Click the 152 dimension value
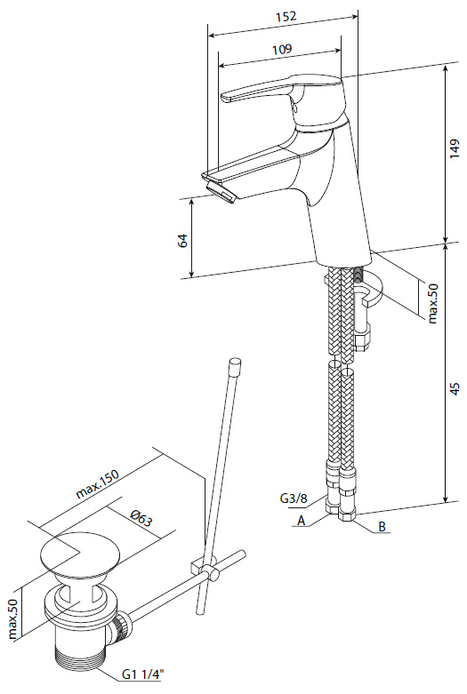tap(286, 17)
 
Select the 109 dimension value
tap(282, 48)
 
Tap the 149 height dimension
tap(455, 149)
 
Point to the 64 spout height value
tap(183, 240)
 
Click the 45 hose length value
tap(455, 388)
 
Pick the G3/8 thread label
tap(294, 499)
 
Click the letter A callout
tap(302, 521)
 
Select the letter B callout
tap(382, 526)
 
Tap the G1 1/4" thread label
tap(143, 674)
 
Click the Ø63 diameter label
tap(141, 518)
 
